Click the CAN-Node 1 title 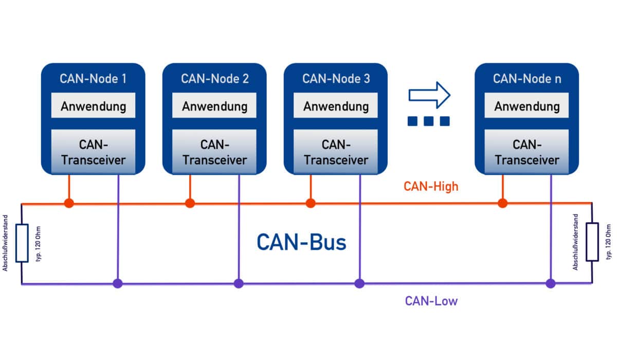[x=93, y=79]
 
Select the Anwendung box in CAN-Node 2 [x=214, y=106]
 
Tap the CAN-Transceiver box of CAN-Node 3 [x=336, y=152]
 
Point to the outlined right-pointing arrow [x=429, y=95]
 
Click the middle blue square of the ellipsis [x=429, y=121]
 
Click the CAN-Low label [x=431, y=301]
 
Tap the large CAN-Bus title [x=301, y=242]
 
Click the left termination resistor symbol [x=22, y=243]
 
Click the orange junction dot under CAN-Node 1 [x=69, y=204]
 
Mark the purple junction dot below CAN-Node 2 [x=238, y=283]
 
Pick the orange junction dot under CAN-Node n [x=502, y=204]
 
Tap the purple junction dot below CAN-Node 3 [x=359, y=283]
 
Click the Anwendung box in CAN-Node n [x=527, y=106]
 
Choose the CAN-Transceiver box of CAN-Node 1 [x=93, y=152]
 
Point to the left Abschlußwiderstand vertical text [x=6, y=243]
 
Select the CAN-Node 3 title [x=336, y=79]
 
